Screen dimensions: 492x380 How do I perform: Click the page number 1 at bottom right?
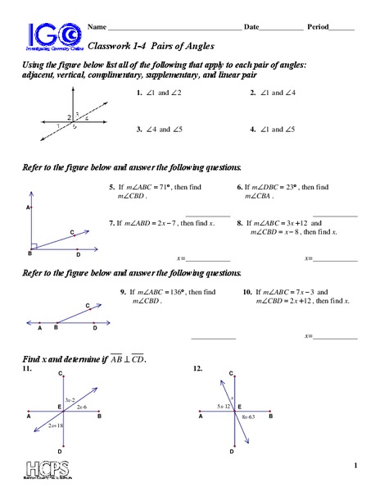[x=356, y=467]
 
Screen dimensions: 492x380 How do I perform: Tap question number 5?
[x=111, y=187]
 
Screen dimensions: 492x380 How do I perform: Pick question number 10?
[x=247, y=292]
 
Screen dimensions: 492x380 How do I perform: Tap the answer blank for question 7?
[x=208, y=259]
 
